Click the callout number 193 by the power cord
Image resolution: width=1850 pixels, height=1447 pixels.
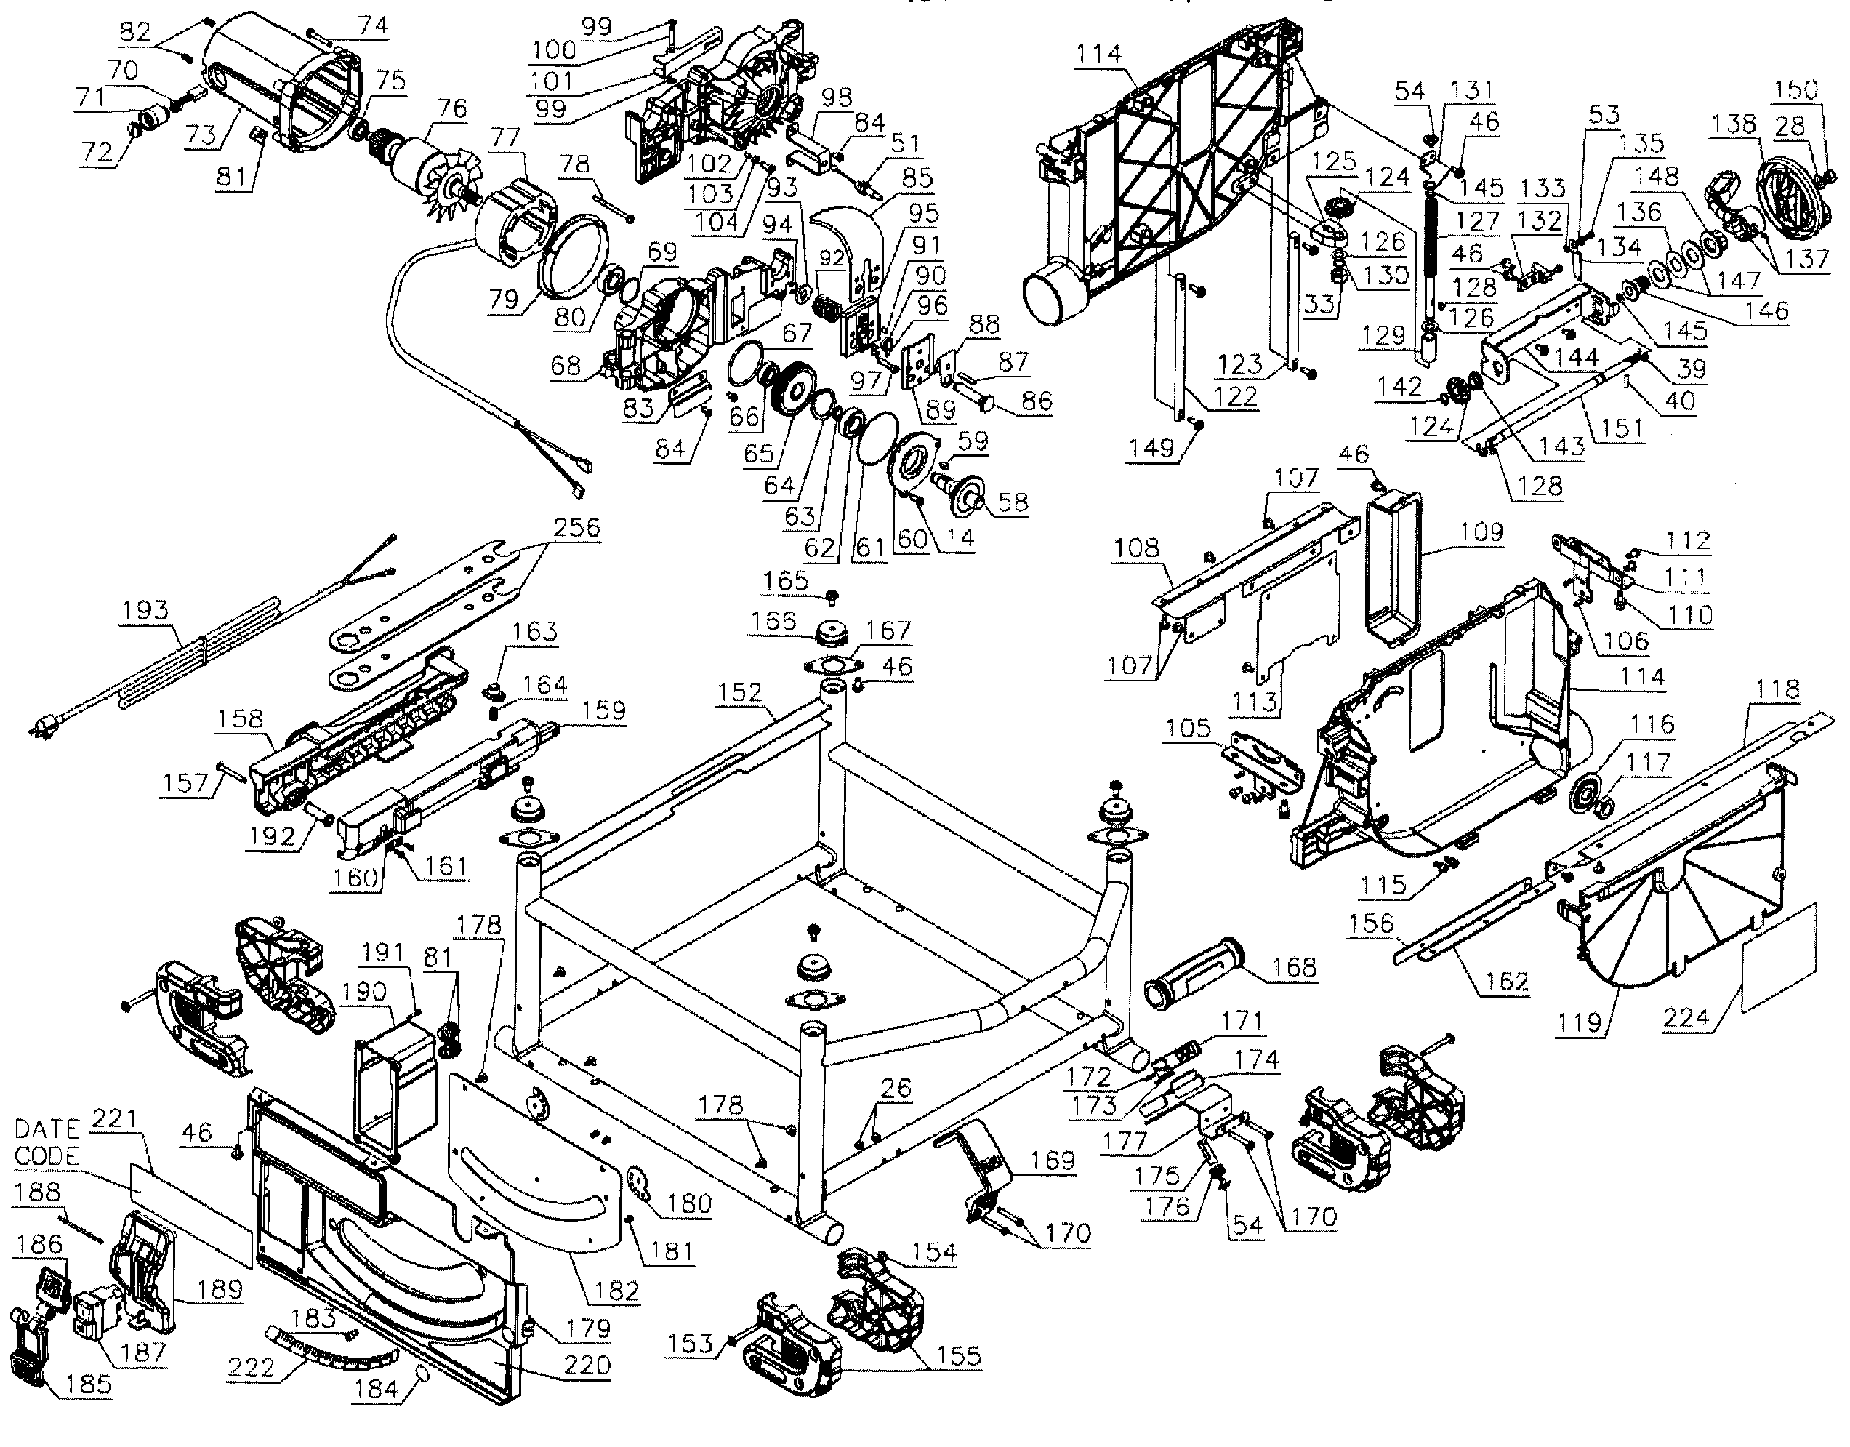pyautogui.click(x=145, y=610)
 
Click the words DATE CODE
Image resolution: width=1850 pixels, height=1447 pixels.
pyautogui.click(x=47, y=1143)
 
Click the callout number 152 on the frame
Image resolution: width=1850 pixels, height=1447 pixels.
pyautogui.click(x=740, y=692)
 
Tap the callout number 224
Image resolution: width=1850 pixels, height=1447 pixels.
pyautogui.click(x=1686, y=1016)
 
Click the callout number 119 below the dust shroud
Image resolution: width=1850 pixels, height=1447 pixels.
pyautogui.click(x=1579, y=1022)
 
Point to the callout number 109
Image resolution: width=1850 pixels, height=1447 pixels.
pyautogui.click(x=1481, y=532)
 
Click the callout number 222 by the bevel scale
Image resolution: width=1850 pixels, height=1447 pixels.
pyautogui.click(x=251, y=1366)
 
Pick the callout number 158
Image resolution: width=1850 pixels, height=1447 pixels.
pyautogui.click(x=240, y=718)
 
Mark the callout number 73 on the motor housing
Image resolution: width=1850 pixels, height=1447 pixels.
pyautogui.click(x=201, y=134)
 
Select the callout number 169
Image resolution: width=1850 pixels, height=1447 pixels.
pyautogui.click(x=1052, y=1160)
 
